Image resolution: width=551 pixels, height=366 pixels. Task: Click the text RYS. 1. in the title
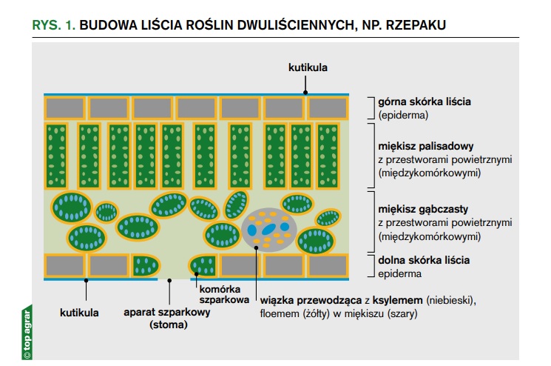(x=54, y=25)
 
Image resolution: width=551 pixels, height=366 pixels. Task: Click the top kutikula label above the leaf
(x=308, y=67)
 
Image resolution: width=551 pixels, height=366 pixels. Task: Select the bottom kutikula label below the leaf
(x=79, y=313)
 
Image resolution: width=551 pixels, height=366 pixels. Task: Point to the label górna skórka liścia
(x=424, y=102)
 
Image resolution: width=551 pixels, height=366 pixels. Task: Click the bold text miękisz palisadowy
(x=425, y=146)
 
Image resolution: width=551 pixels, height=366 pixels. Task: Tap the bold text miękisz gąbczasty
(x=423, y=209)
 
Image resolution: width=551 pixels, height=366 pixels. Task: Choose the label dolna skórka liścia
(x=424, y=260)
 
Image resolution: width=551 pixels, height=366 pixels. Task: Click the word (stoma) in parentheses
(x=169, y=325)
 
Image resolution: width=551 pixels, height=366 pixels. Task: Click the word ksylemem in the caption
(x=397, y=300)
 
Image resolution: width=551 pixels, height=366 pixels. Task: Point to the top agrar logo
(x=27, y=332)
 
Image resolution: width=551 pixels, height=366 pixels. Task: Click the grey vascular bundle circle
(x=269, y=230)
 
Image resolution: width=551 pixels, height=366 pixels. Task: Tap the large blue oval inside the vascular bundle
(x=268, y=229)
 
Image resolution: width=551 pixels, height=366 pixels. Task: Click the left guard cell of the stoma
(x=146, y=266)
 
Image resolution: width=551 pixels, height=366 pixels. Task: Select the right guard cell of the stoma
(x=203, y=266)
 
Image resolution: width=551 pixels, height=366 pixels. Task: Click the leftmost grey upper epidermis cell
(x=65, y=108)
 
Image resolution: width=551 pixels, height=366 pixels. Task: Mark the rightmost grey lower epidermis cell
(x=328, y=266)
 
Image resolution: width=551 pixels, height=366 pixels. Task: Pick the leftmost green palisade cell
(x=56, y=156)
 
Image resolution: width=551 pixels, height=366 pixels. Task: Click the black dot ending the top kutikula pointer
(x=305, y=93)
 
